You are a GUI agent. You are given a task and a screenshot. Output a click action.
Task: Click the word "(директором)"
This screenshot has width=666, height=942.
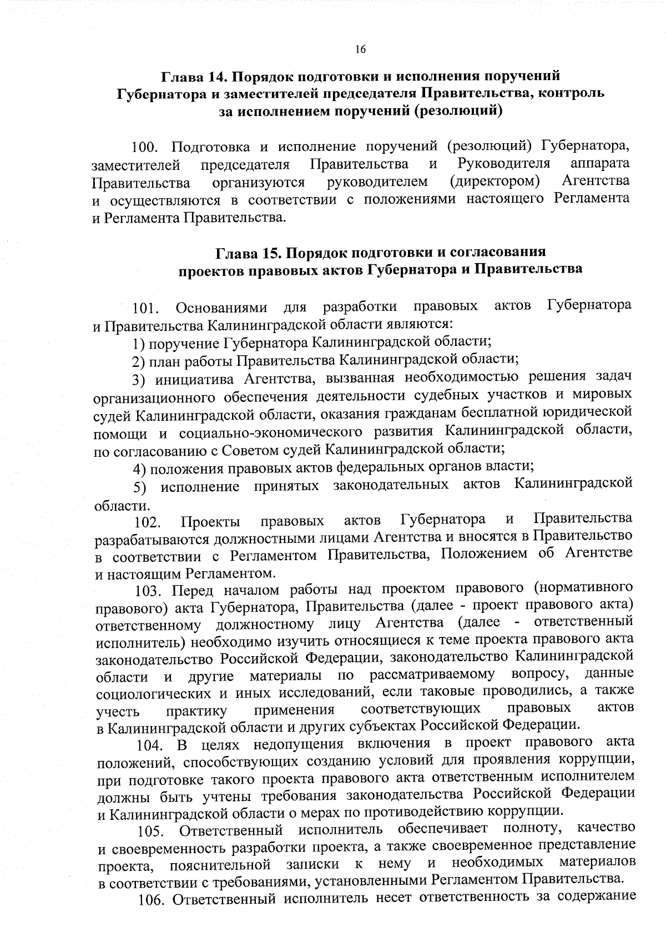click(495, 182)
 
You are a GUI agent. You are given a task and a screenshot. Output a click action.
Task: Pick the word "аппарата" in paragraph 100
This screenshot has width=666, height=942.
click(600, 164)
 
